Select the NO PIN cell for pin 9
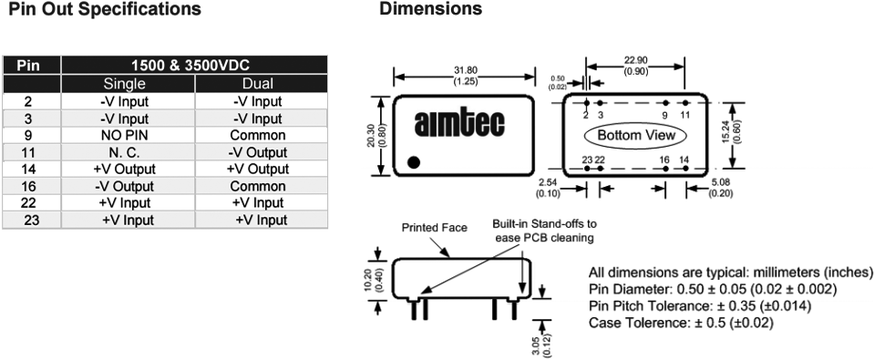[128, 136]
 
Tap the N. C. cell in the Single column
[128, 152]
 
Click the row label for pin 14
[32, 169]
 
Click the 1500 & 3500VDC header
[194, 66]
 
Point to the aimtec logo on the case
[459, 123]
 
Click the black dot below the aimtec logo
[414, 162]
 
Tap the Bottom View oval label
[636, 136]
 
